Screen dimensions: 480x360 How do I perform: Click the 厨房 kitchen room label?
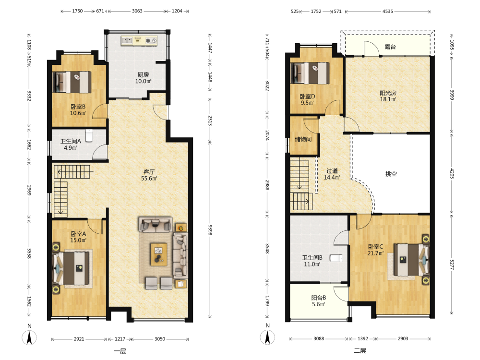click(x=143, y=75)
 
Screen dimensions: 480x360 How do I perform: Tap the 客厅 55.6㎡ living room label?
click(x=149, y=175)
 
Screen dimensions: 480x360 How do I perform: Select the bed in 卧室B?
click(x=72, y=82)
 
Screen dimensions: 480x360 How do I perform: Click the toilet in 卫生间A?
click(x=89, y=136)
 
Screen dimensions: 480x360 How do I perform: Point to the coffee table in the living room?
click(x=158, y=254)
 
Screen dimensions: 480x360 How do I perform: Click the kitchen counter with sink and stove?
click(x=139, y=40)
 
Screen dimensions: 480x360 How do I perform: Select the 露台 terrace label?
click(x=390, y=47)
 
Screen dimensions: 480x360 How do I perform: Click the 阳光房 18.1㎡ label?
click(x=388, y=96)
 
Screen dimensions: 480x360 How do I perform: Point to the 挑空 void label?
click(x=391, y=174)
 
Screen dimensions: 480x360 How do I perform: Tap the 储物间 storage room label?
click(x=303, y=139)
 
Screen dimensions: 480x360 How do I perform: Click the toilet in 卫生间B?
click(x=337, y=258)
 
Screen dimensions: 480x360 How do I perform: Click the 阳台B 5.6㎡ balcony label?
click(x=318, y=301)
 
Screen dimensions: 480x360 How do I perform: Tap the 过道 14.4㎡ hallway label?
click(x=332, y=174)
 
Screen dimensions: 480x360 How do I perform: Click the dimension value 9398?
click(x=210, y=230)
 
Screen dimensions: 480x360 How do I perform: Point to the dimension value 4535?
click(x=387, y=12)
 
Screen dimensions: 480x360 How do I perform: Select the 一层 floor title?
click(x=120, y=351)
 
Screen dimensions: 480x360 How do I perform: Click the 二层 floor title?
click(x=360, y=351)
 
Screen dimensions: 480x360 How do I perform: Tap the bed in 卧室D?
click(x=310, y=73)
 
